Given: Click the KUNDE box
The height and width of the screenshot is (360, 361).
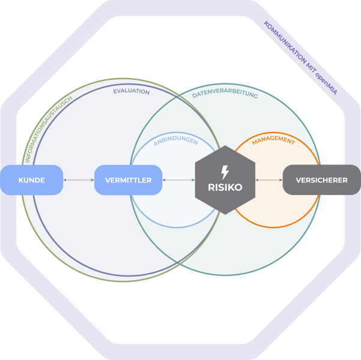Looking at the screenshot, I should coord(32,180).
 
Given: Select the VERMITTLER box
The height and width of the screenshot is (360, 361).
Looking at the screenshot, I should coord(128,180).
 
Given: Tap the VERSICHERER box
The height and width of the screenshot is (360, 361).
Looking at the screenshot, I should coord(321,180).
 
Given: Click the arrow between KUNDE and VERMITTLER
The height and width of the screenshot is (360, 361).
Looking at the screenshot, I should coord(79,180).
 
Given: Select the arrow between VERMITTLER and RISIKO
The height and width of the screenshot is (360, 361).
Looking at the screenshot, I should coord(178,180).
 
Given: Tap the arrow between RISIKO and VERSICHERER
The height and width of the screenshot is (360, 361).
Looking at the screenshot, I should coord(269,180).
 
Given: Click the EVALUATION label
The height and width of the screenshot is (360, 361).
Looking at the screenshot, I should coord(132,92).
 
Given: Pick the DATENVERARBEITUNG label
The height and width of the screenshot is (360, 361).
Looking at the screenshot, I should coord(225,95).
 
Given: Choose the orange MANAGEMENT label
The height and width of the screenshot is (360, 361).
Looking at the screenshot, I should coord(273,142).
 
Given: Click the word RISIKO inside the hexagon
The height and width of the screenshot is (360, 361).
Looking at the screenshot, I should coord(225,187).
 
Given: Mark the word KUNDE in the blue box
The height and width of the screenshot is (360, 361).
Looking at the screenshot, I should coord(32,180).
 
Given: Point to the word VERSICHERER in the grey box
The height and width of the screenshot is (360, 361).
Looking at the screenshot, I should coord(321,180).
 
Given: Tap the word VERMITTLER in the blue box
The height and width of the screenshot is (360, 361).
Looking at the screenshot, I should coord(128,180).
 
